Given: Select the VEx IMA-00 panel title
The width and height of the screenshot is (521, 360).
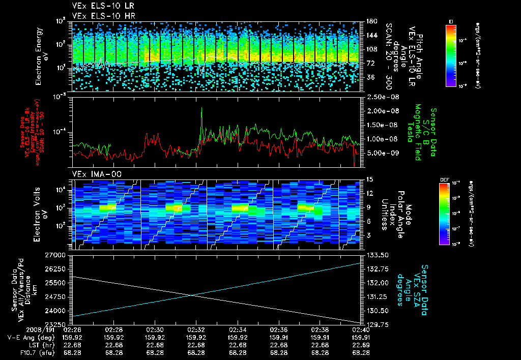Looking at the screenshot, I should click(x=92, y=174).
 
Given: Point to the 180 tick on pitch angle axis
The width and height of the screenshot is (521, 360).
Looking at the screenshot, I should click(x=371, y=21).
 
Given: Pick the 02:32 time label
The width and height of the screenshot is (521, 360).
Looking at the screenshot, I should click(x=196, y=329).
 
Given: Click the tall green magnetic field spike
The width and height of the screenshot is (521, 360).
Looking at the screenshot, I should click(x=202, y=109).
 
